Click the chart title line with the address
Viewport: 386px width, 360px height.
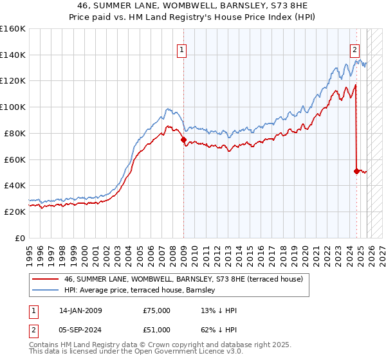point(192,6)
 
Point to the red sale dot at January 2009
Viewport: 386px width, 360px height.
point(183,139)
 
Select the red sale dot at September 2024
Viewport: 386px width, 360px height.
point(356,171)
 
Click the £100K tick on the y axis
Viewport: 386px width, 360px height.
point(13,107)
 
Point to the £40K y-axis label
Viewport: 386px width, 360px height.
point(14,185)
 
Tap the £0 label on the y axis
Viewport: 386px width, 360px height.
point(19,238)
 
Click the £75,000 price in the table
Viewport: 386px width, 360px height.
point(156,310)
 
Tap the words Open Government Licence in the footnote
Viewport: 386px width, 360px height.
point(175,352)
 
